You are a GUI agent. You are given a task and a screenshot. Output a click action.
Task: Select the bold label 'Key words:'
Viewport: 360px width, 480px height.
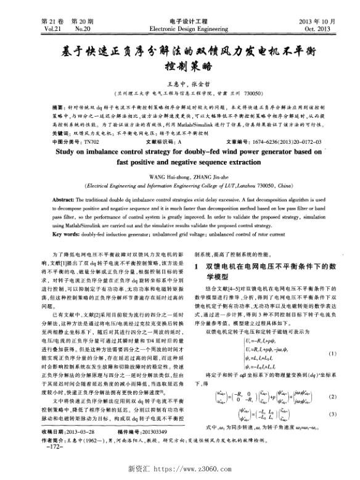pyautogui.click(x=65, y=235)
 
